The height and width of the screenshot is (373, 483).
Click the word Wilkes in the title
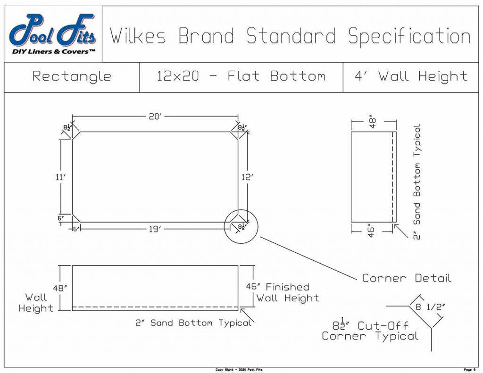tap(138, 36)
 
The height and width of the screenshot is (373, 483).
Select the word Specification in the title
tap(409, 36)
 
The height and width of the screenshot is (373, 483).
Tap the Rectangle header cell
tap(72, 76)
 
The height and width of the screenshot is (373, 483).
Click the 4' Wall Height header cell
tap(410, 76)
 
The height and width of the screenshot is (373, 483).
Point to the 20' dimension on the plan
tap(155, 116)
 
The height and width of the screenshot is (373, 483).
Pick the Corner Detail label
tap(407, 278)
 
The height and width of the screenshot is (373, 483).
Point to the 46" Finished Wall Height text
tap(283, 292)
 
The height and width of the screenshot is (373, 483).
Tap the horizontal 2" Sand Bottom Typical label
tap(193, 323)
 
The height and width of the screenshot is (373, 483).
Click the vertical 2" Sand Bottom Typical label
tap(417, 182)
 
